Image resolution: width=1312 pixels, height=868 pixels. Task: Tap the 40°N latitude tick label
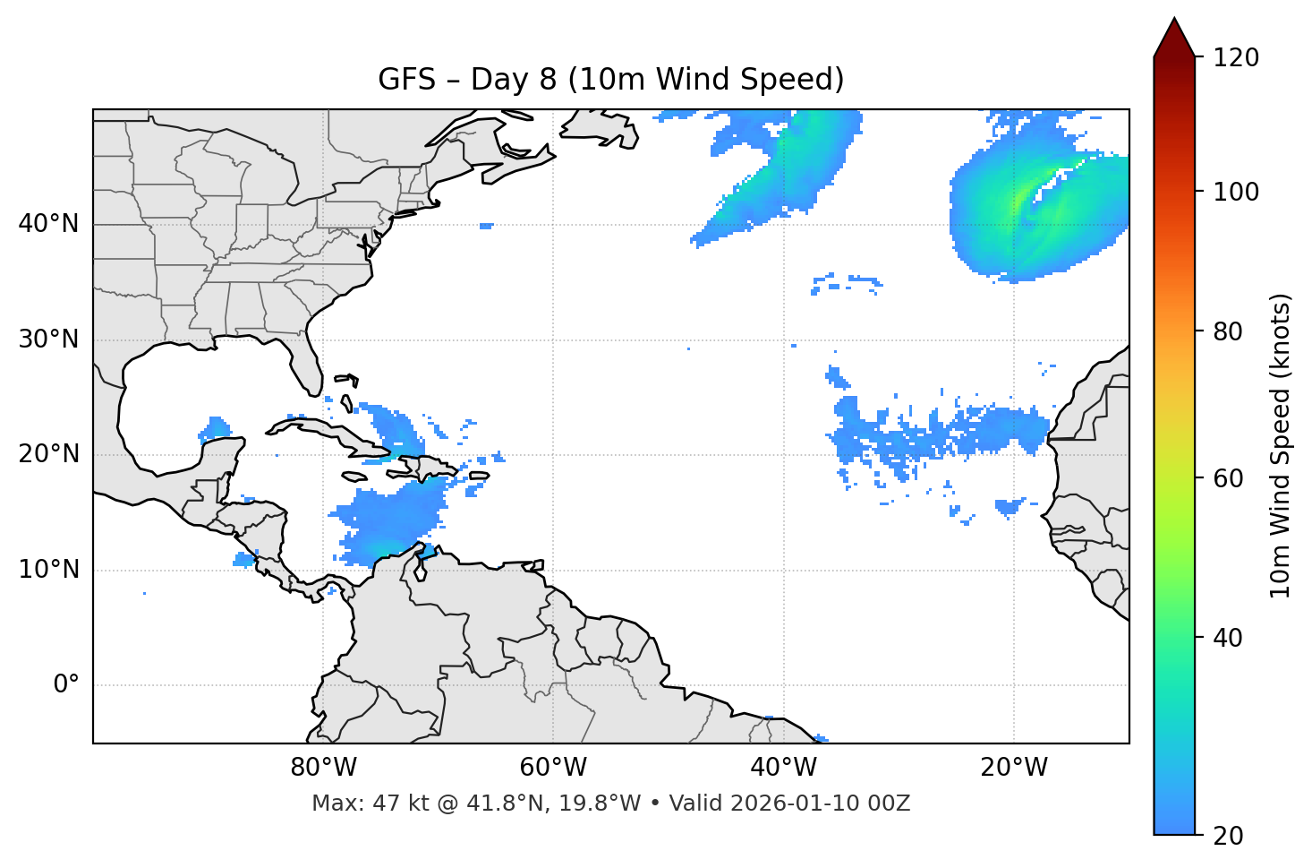coord(48,224)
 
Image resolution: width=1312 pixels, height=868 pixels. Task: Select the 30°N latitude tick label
coord(48,339)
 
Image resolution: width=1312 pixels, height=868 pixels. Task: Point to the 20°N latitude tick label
coord(48,454)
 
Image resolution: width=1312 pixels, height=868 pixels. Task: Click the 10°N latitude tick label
coord(48,570)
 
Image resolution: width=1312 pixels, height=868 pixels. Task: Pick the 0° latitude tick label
coord(65,685)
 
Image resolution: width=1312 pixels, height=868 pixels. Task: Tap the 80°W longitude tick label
coord(323,768)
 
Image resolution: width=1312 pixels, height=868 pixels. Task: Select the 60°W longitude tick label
coord(553,768)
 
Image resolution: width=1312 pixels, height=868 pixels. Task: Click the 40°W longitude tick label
coord(783,768)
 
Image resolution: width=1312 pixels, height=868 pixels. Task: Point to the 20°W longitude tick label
coord(1013,768)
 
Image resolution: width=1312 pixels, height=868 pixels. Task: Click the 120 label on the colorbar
coord(1236,58)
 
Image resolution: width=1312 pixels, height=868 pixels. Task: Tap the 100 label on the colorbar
coord(1236,192)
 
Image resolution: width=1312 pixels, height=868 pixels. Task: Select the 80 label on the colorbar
coord(1231,331)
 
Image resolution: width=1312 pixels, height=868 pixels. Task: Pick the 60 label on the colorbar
coord(1231,478)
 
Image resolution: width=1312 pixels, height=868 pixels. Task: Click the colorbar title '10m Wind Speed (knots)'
coord(1281,445)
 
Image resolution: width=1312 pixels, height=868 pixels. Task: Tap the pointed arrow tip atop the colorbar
coord(1174,21)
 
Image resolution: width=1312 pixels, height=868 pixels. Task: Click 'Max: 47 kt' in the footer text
coord(355,804)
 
